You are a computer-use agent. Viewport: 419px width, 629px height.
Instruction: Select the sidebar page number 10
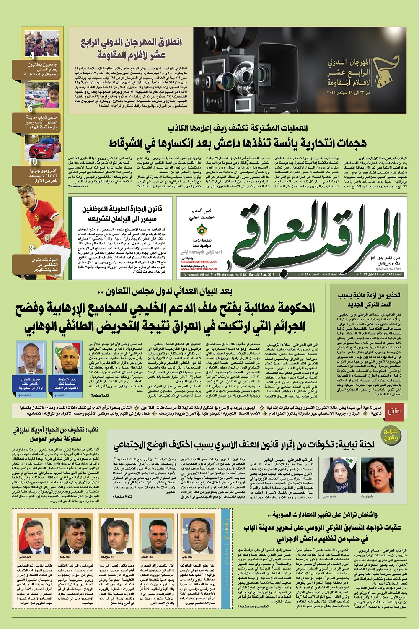(x=33, y=160)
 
